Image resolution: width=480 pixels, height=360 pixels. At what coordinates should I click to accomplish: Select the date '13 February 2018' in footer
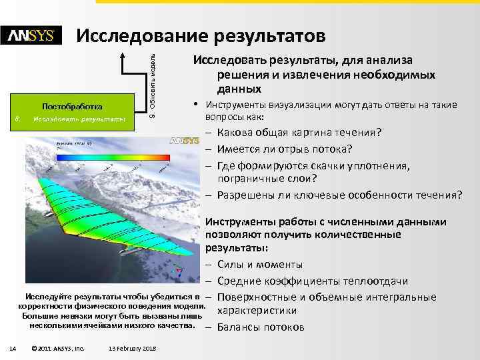click(132, 348)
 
